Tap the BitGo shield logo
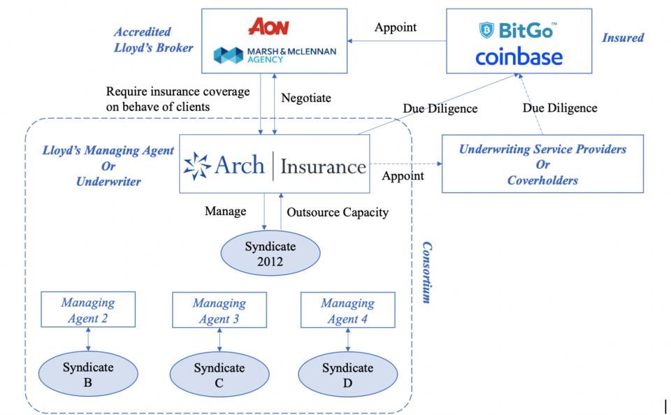click(x=486, y=30)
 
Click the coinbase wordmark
click(x=519, y=57)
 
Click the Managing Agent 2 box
click(x=88, y=311)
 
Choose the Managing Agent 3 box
click(x=219, y=311)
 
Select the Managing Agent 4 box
click(x=347, y=311)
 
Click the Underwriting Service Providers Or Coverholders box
click(x=542, y=165)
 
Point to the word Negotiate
click(x=305, y=99)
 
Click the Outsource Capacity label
click(x=338, y=212)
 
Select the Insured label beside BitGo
click(x=623, y=38)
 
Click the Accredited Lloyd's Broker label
click(x=153, y=40)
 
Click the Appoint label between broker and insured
click(x=396, y=27)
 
